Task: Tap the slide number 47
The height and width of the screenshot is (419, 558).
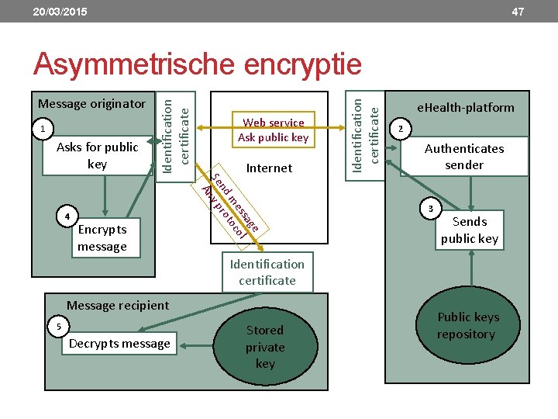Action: (518, 12)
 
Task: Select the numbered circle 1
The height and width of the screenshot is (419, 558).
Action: (45, 128)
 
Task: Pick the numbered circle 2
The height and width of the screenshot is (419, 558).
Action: (401, 127)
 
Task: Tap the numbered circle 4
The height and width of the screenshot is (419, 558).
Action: (68, 215)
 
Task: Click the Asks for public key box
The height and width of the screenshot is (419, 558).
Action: (98, 155)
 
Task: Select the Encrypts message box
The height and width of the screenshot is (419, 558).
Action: (102, 237)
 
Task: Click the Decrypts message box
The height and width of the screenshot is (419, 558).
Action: (119, 343)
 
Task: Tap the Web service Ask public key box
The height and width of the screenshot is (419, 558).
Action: (273, 130)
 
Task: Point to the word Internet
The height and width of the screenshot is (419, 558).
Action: (269, 168)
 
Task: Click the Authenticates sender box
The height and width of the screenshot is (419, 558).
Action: (464, 156)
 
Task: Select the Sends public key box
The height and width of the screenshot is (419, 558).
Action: (469, 230)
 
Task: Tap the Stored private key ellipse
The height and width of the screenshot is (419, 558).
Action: (265, 346)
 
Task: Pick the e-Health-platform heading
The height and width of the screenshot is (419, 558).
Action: (465, 107)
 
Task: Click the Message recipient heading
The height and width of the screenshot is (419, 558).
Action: (118, 305)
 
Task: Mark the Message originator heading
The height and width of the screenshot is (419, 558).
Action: (92, 103)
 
